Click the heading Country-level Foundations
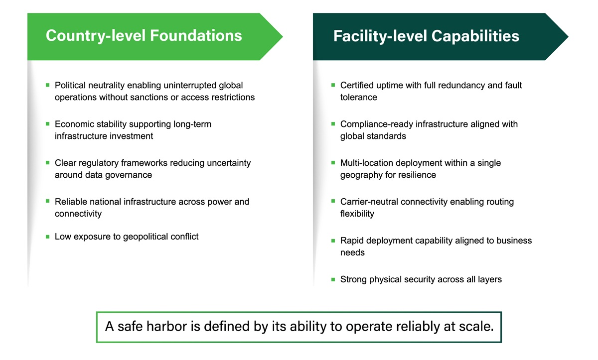click(144, 36)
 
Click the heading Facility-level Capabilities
click(426, 36)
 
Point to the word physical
click(385, 279)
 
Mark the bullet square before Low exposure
click(47, 237)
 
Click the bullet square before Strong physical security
click(333, 279)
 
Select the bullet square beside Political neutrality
click(47, 85)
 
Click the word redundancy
click(459, 85)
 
